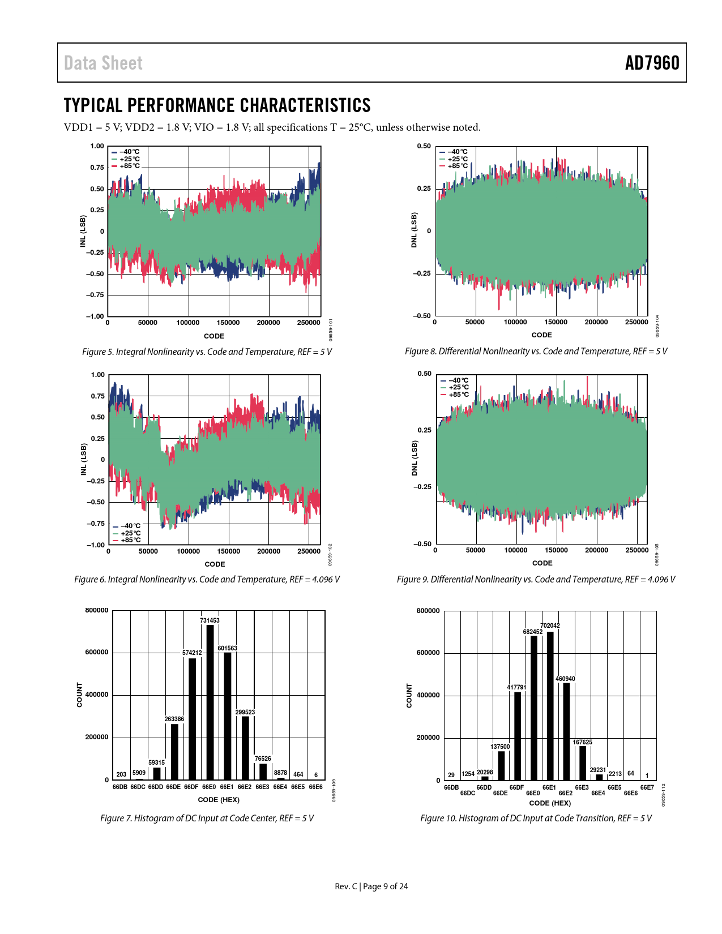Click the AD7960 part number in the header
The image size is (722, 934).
(x=652, y=63)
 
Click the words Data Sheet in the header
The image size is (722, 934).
(x=103, y=63)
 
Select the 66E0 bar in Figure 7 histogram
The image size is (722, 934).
(x=210, y=702)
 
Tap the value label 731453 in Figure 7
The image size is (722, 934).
(x=210, y=620)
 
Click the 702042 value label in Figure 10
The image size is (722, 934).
(x=550, y=625)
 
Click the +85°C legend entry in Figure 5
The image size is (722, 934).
(x=129, y=166)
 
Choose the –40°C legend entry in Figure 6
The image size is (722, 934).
(x=130, y=526)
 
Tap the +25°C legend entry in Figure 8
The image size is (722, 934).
(x=458, y=159)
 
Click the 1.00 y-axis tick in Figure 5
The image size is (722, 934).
(x=97, y=146)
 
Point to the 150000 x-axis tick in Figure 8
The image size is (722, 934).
(x=556, y=322)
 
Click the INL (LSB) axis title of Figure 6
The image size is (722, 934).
(x=84, y=459)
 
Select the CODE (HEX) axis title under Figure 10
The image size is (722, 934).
(x=550, y=803)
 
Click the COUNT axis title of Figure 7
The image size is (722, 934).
(x=79, y=695)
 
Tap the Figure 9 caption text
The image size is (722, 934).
(x=536, y=580)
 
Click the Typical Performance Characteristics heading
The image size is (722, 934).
(x=217, y=105)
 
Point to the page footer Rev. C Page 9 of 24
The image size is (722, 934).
(x=371, y=886)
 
